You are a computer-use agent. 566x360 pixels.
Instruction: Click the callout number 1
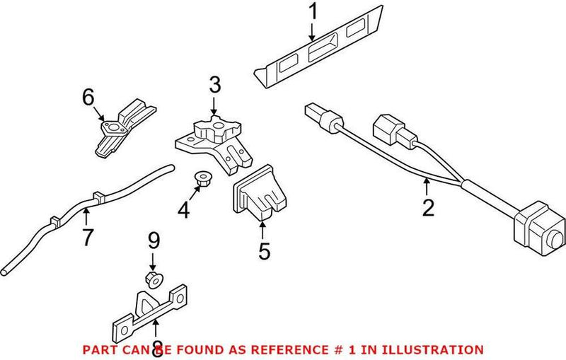tap(312, 12)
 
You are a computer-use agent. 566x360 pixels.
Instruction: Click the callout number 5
tap(264, 251)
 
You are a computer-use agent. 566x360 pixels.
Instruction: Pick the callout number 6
tap(88, 98)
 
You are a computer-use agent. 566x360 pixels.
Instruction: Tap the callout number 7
tap(87, 238)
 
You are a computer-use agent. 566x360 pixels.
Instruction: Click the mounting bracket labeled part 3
tap(212, 141)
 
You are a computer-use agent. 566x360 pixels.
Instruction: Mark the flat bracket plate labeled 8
tap(152, 311)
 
